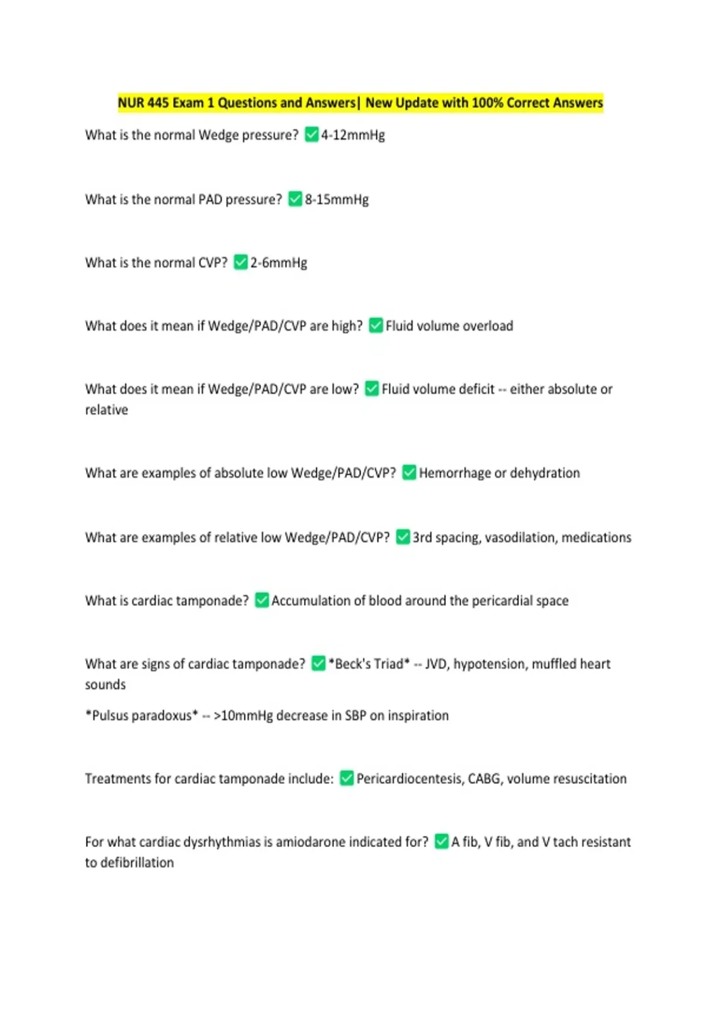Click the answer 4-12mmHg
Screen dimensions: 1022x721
(353, 135)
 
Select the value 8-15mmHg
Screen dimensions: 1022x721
(336, 200)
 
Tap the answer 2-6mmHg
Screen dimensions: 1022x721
(279, 263)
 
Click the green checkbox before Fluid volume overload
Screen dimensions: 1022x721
(376, 325)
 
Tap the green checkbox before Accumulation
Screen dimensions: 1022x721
(262, 600)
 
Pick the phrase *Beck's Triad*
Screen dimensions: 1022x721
(369, 664)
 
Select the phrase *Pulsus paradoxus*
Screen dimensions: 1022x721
(142, 715)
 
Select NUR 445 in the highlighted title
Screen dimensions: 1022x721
(143, 103)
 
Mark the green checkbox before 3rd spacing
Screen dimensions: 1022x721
(403, 537)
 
